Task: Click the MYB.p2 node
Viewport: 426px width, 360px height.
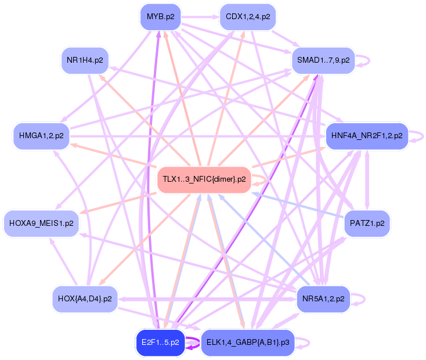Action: coord(160,16)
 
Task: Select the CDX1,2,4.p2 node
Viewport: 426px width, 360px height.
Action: coord(247,16)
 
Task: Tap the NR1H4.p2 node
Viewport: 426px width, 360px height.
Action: coord(85,59)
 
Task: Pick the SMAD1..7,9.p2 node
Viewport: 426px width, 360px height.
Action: coord(323,60)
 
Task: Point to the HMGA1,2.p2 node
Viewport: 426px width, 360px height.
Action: coord(41,136)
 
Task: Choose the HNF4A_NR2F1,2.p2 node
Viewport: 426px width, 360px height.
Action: coord(367,136)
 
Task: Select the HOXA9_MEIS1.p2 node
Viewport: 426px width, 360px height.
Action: coord(41,223)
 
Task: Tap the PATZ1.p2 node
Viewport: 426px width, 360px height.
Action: coord(367,223)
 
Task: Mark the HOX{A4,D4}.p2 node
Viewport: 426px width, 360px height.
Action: coord(85,299)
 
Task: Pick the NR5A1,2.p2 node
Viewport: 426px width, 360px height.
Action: coord(323,299)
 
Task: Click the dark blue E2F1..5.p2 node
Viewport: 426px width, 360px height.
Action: coord(160,343)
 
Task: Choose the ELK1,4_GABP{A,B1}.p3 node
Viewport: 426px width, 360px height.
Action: coord(247,343)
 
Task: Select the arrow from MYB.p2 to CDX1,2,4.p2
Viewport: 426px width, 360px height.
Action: coord(200,16)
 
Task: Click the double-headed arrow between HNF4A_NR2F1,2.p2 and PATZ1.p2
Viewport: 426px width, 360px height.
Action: coord(367,179)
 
